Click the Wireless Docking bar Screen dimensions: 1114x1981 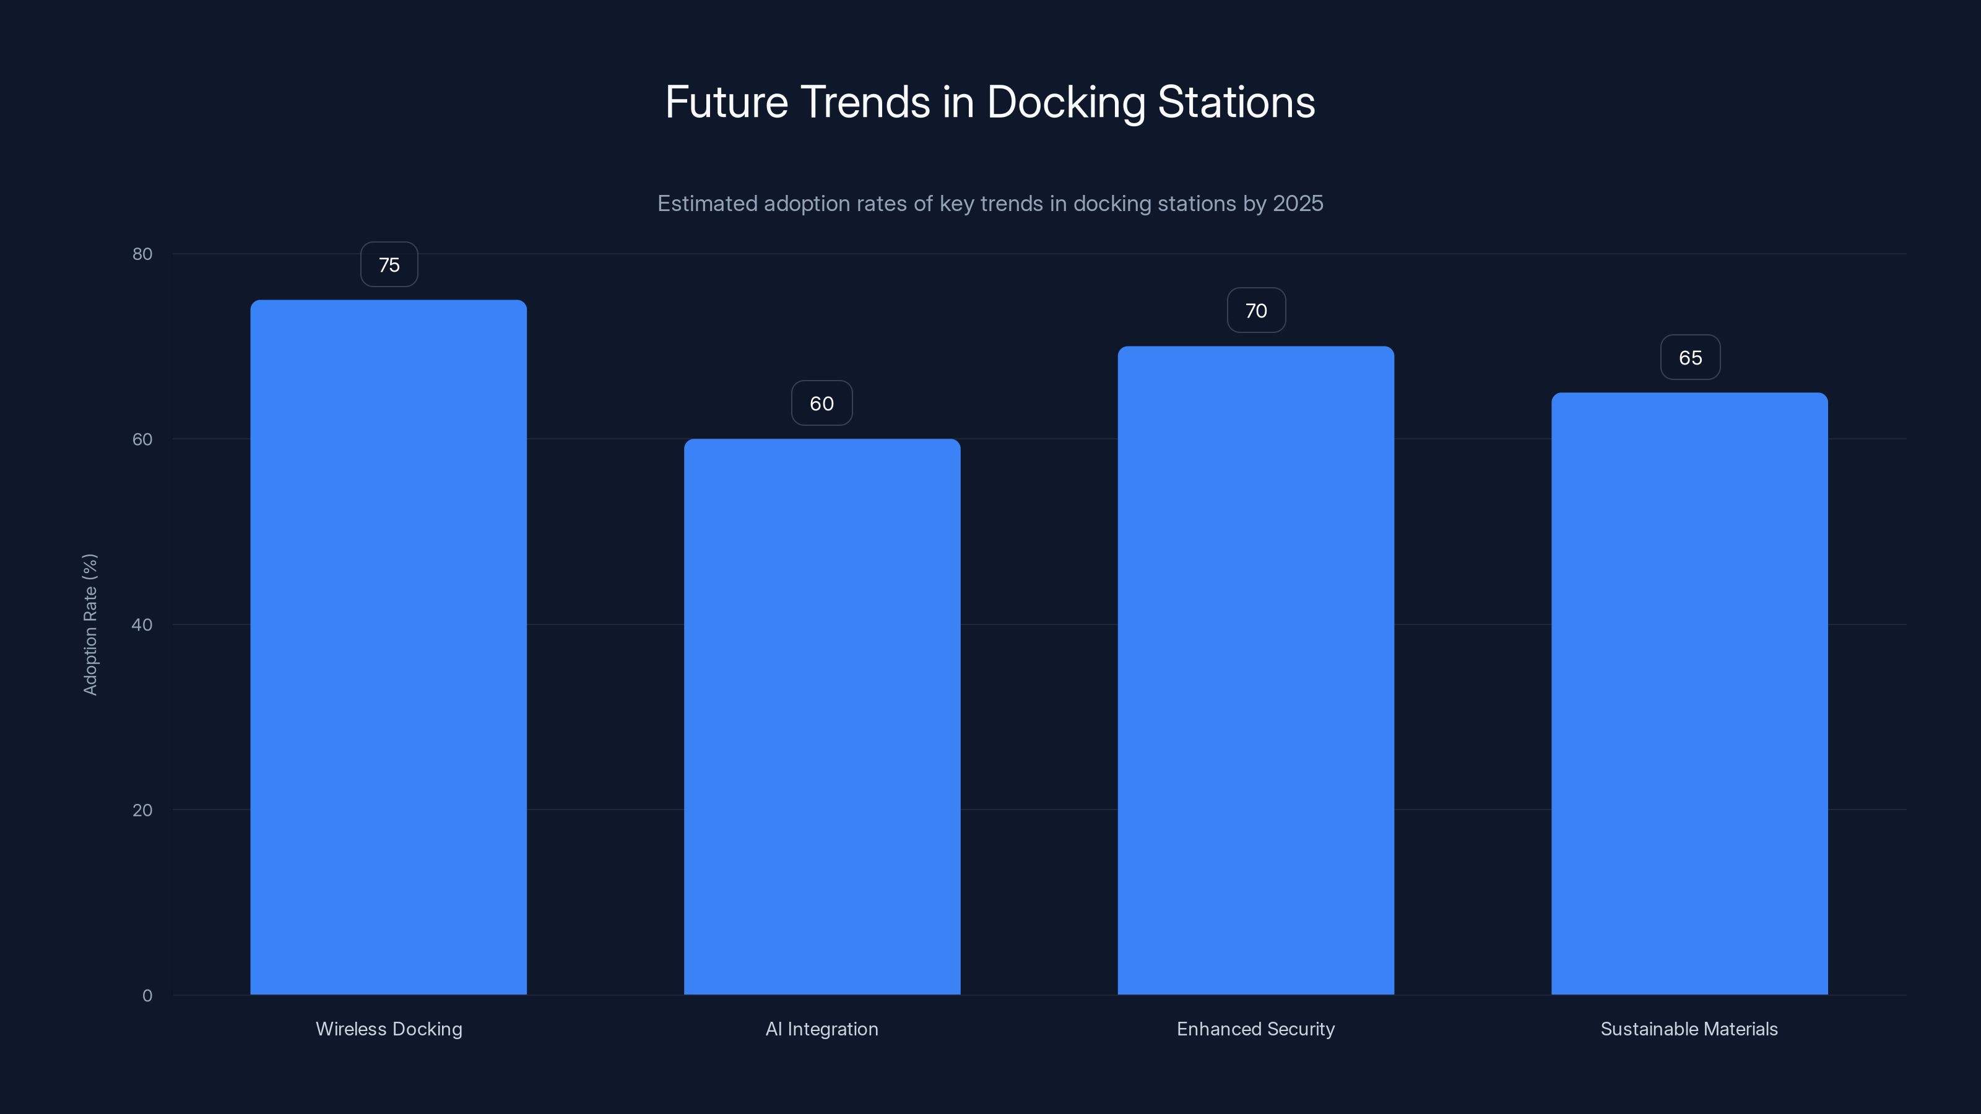388,647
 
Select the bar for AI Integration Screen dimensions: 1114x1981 822,717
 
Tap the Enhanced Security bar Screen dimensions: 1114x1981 1256,670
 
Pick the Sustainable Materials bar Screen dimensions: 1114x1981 1689,693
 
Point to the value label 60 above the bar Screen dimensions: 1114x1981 822,404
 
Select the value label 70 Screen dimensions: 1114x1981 1256,311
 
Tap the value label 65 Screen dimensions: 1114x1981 1690,358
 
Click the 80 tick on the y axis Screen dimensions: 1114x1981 142,254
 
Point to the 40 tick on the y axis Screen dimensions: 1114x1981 142,624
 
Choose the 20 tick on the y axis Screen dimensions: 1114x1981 142,810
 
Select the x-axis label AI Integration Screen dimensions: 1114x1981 822,1029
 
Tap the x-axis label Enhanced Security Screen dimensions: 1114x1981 1256,1029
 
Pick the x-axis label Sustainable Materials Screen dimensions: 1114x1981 1689,1029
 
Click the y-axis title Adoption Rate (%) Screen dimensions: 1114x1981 90,624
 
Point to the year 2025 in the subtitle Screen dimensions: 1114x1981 1298,204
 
